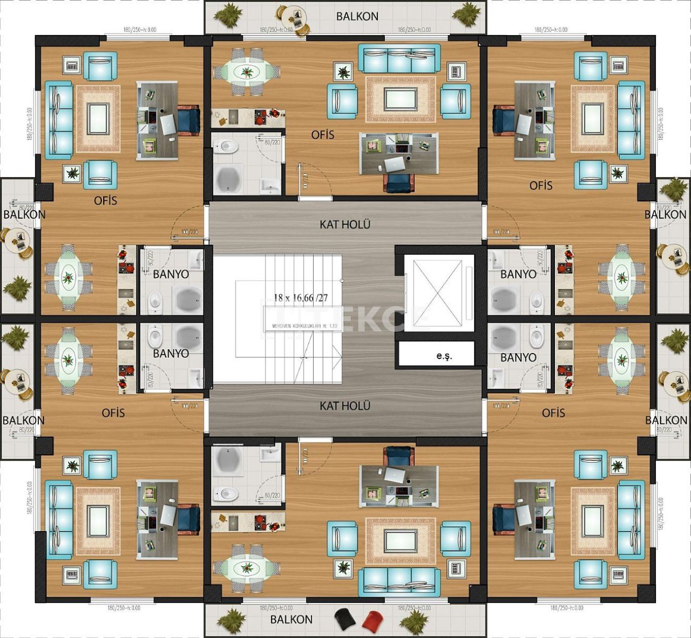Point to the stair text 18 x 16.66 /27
point(301,297)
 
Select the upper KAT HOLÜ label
point(345,224)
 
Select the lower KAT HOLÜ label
point(345,405)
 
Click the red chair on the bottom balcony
point(372,620)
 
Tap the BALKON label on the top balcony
point(357,16)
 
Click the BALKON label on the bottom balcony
point(292,619)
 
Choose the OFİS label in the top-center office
point(323,134)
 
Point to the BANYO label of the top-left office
point(171,274)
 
